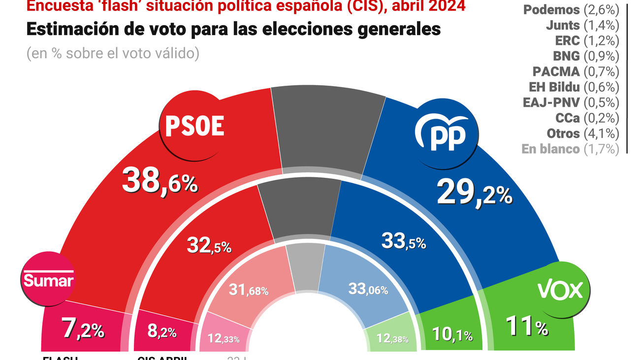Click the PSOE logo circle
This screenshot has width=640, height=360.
click(195, 126)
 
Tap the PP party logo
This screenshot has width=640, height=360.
click(440, 133)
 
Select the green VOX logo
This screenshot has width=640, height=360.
click(560, 290)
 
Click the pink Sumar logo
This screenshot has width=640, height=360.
click(48, 280)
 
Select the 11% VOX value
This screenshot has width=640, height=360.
click(527, 327)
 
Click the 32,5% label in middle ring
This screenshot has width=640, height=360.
click(209, 245)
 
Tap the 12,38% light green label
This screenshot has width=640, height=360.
click(389, 338)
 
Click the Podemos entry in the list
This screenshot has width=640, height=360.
click(571, 10)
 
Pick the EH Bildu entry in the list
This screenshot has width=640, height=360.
click(571, 87)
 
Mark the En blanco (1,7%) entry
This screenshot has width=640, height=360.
click(570, 149)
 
